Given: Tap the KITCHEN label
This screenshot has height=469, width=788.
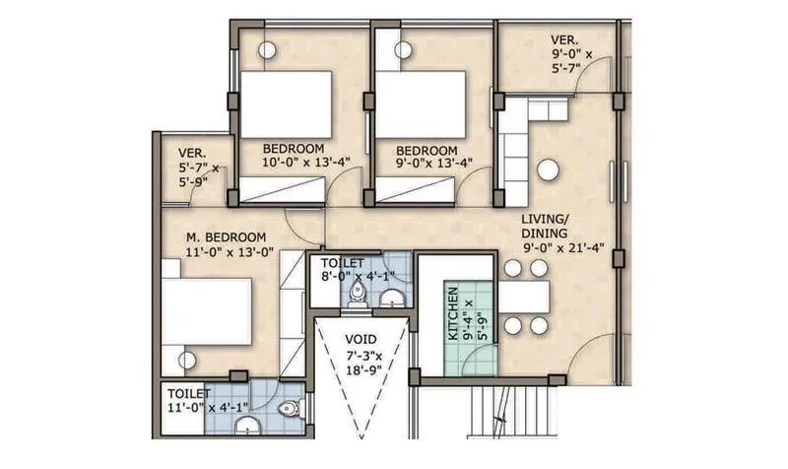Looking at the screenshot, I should tap(452, 313).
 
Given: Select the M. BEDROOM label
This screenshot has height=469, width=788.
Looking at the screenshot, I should tap(227, 237).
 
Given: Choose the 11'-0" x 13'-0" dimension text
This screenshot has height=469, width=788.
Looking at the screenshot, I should tap(230, 252).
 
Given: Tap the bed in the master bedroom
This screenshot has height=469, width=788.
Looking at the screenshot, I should tap(207, 311).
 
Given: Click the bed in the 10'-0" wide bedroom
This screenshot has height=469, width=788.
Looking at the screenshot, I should tap(286, 104).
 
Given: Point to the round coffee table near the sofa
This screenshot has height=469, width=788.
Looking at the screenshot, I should tap(548, 170).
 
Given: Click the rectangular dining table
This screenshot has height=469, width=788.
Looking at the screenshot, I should tap(524, 296).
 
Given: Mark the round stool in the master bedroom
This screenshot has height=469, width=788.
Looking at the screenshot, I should tap(187, 360).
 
